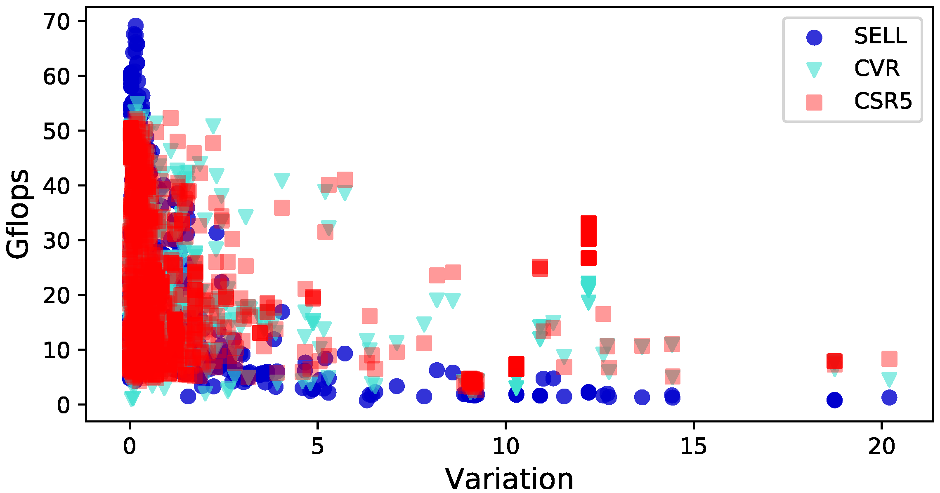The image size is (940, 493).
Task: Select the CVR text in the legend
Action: click(876, 68)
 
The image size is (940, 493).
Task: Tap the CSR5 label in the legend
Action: click(883, 101)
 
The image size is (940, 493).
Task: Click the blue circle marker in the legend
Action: click(814, 37)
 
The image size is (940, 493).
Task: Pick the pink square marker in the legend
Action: click(814, 102)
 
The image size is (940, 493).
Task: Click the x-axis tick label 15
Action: click(693, 446)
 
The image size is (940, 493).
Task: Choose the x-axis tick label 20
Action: click(881, 446)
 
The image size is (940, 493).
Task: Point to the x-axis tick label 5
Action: click(317, 446)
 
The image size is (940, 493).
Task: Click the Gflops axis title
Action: click(17, 214)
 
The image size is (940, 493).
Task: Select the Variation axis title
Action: click(509, 479)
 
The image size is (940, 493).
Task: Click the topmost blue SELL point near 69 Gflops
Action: click(135, 26)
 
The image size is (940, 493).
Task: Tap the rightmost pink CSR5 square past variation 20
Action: click(889, 359)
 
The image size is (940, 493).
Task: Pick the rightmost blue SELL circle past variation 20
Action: click(889, 397)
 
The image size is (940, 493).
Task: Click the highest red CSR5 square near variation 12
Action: click(588, 224)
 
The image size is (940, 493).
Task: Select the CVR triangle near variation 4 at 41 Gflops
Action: click(282, 180)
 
